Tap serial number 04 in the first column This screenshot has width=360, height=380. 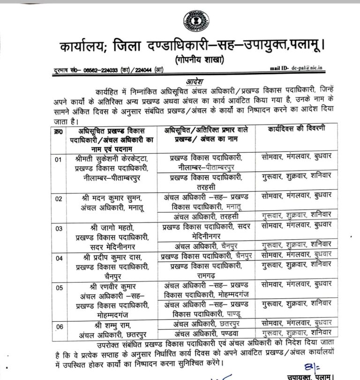pos(59,258)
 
